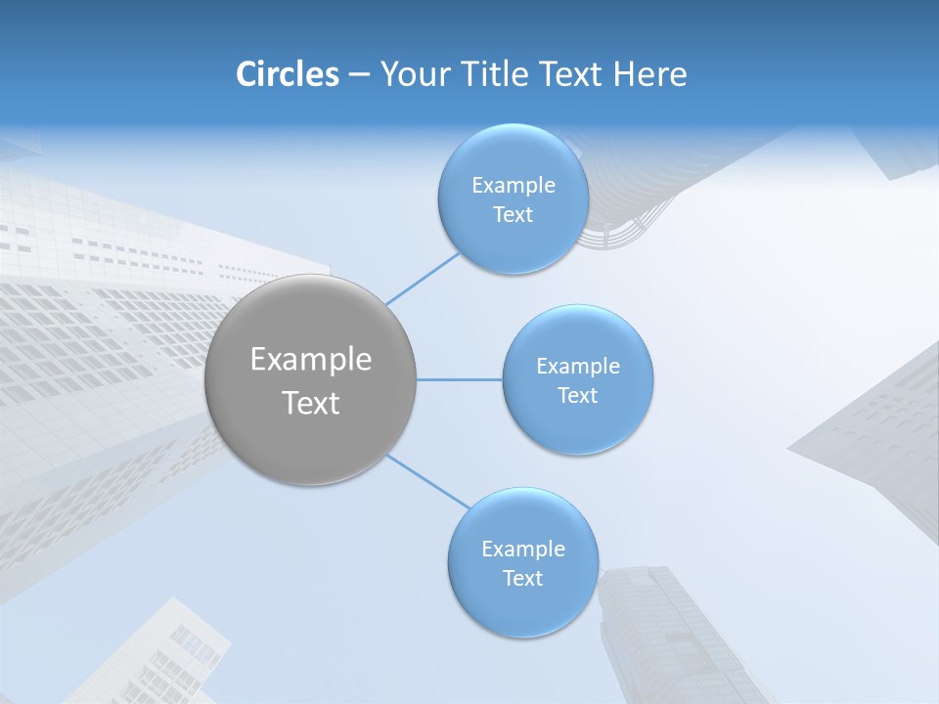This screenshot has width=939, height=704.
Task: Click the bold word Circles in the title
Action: click(288, 74)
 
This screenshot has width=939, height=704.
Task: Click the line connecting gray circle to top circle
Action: click(423, 278)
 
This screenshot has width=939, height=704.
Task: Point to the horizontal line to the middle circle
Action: click(459, 379)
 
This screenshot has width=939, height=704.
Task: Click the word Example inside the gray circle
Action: click(311, 360)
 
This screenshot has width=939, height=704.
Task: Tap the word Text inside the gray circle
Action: click(311, 403)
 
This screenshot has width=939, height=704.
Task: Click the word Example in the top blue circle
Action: click(514, 186)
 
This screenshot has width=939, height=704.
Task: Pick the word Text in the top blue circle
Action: click(513, 215)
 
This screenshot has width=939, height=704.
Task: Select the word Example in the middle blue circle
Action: click(578, 367)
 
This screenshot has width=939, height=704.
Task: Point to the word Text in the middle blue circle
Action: click(577, 396)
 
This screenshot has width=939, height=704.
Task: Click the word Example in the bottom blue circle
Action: click(523, 550)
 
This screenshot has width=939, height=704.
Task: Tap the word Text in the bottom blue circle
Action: click(522, 579)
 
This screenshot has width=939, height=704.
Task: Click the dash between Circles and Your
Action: click(359, 75)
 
